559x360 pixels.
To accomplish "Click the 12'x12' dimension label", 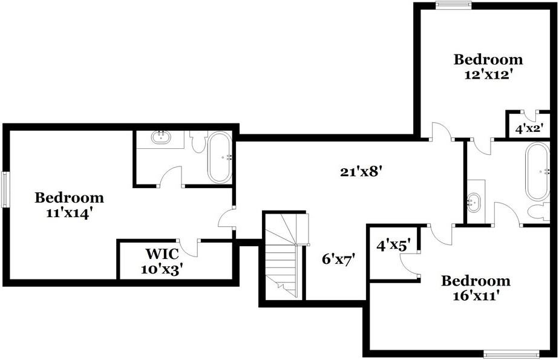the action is (x=488, y=74).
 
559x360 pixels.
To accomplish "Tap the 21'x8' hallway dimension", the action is (x=362, y=172).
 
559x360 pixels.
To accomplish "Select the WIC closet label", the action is (x=162, y=254).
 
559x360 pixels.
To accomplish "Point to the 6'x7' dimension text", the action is (x=339, y=259).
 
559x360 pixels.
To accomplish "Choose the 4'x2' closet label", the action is (x=529, y=129).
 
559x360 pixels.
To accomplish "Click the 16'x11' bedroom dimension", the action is (x=476, y=295).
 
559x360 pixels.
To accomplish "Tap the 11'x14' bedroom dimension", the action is (x=70, y=213).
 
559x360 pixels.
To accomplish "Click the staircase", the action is (x=283, y=255).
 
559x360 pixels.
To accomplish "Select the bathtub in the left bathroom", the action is (x=220, y=157).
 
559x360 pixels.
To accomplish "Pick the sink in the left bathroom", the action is (x=160, y=137).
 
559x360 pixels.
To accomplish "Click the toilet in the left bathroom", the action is (x=198, y=142).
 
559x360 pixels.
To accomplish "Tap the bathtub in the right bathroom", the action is (x=537, y=171).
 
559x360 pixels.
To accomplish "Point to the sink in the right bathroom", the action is (x=474, y=203).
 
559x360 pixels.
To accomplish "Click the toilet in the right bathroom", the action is (x=539, y=211).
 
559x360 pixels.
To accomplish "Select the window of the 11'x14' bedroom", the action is (x=5, y=189).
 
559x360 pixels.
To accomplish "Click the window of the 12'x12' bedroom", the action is (x=454, y=5).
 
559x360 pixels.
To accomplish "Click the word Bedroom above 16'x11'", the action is (x=476, y=281).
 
